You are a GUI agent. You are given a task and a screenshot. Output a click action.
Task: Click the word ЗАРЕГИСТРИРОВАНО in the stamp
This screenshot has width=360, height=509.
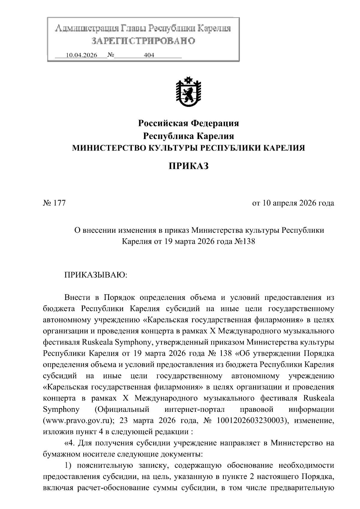(143, 40)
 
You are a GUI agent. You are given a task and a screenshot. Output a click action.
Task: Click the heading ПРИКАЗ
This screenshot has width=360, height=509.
(188, 166)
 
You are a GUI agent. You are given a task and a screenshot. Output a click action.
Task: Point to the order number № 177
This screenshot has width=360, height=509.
(54, 203)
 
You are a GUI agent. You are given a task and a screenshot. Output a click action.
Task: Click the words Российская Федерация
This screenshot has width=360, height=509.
(188, 123)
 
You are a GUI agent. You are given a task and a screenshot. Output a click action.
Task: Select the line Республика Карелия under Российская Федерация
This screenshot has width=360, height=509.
(188, 136)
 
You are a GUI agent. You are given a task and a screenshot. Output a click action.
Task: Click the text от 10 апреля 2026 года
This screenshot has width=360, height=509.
(293, 203)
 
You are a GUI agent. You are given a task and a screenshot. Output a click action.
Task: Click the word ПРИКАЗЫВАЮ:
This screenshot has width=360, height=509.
(96, 275)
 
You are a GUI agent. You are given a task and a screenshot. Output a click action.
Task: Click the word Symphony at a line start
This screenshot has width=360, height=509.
(61, 409)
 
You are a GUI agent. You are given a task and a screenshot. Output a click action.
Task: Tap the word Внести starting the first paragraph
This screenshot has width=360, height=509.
(77, 298)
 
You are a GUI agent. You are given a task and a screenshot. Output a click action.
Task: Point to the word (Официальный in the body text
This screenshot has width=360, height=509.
(121, 409)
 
